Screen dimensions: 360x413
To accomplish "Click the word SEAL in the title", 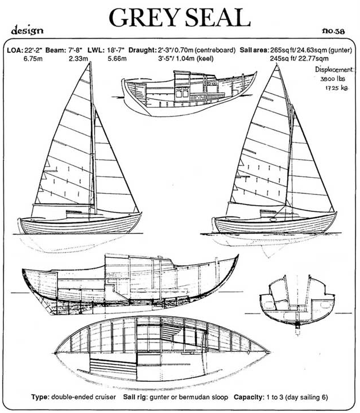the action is click(x=218, y=18).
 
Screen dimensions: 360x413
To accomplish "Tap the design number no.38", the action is click(x=333, y=31).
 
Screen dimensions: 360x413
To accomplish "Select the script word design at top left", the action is click(x=27, y=30).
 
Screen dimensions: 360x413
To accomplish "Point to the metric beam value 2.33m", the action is click(x=78, y=59).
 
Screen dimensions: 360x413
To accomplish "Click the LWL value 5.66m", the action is click(x=117, y=59).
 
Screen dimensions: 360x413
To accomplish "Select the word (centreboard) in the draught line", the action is click(x=215, y=50).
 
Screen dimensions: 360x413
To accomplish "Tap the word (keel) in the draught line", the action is click(x=205, y=59).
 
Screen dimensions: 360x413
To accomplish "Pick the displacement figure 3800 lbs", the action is click(x=333, y=79).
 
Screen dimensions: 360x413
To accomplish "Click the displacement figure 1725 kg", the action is click(x=336, y=87).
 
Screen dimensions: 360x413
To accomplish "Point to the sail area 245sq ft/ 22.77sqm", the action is click(x=299, y=59).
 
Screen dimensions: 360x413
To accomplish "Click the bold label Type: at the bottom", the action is click(x=40, y=397).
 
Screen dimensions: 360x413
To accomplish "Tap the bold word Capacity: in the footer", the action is click(x=249, y=397).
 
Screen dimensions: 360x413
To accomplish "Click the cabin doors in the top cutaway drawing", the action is click(x=183, y=94).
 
